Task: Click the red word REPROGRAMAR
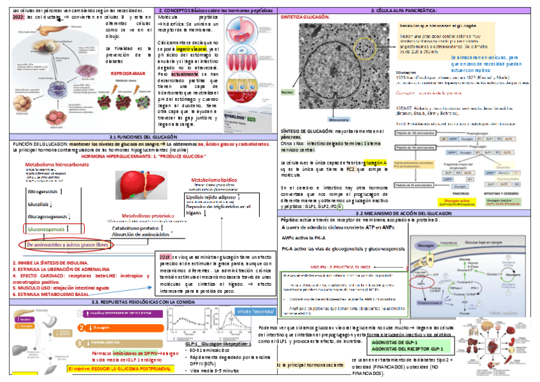click(130, 73)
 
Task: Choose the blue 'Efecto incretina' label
click(254, 311)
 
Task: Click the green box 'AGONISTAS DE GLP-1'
click(400, 342)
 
